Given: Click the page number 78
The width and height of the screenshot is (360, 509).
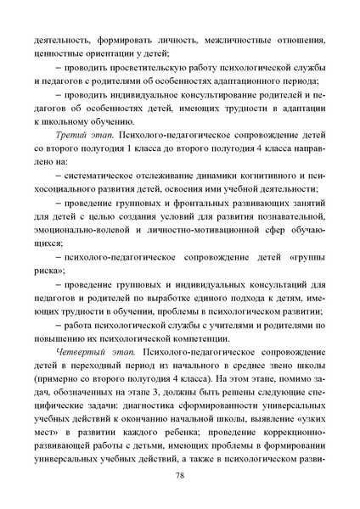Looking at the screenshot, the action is [180, 478].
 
